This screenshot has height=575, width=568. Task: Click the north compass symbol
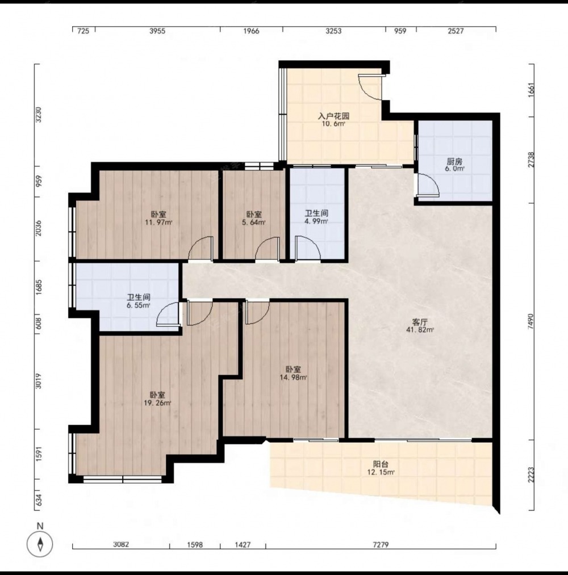point(40,543)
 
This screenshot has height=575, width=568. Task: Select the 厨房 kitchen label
point(454,164)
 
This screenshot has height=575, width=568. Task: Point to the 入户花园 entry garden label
point(333,120)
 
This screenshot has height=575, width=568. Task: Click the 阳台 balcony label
point(381,468)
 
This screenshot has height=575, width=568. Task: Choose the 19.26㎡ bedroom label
point(157,398)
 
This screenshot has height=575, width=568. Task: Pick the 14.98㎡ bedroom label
point(293,373)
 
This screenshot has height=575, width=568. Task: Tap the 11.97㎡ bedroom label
point(158,218)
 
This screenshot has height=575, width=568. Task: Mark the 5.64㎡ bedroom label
point(254,218)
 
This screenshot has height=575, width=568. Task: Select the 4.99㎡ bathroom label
point(316,217)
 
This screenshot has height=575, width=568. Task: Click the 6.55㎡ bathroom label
point(139,301)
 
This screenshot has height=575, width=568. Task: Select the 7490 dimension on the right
point(531,321)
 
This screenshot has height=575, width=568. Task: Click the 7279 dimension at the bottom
point(381,544)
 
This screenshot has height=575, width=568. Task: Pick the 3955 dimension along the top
point(157,31)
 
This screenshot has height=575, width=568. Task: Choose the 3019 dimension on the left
point(39,381)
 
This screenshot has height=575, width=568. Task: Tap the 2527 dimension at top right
point(456,31)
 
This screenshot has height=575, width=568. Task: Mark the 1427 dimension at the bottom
point(243,544)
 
